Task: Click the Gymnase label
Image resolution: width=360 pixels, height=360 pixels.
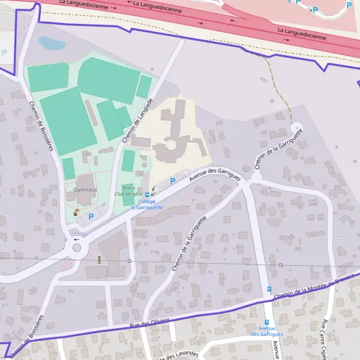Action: pos(85,190)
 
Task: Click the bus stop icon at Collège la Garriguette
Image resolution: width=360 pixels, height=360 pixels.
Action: pos(148,194)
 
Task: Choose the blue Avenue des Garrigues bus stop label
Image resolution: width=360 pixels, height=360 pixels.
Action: pos(267,331)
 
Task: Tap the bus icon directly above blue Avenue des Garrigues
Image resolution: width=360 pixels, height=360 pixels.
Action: pos(267,322)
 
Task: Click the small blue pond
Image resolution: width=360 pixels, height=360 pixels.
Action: pos(52,43)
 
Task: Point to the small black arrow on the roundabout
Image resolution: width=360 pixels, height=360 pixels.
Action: pos(76,239)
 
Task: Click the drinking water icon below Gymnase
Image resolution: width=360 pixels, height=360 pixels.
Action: pos(76,212)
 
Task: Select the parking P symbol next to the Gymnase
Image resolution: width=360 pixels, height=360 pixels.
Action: pos(91,216)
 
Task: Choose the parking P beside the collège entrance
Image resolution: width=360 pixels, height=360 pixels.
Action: pos(173,181)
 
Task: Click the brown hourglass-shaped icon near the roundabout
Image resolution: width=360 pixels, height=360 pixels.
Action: pos(99,259)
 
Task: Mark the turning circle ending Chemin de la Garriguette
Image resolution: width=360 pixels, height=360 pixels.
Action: pos(296,128)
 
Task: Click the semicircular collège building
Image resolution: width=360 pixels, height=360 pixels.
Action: pos(169,146)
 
